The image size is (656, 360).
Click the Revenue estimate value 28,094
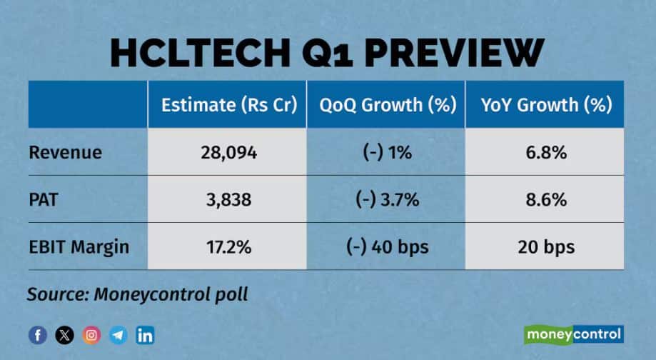click(227, 153)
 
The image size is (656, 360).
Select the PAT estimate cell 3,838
click(227, 200)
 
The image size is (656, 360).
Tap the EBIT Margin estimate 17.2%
click(227, 247)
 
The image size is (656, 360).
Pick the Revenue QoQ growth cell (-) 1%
click(386, 153)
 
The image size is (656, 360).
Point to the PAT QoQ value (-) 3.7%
click(386, 200)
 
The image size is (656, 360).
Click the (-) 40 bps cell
click(386, 247)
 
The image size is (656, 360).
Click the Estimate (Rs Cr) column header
click(227, 106)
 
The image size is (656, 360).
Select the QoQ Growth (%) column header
click(386, 106)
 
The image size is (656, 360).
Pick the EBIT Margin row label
click(79, 247)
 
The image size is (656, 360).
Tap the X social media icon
click(64, 334)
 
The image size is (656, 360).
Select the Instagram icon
click(91, 334)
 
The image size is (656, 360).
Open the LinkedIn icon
click(146, 334)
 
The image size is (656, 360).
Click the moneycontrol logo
click(573, 334)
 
